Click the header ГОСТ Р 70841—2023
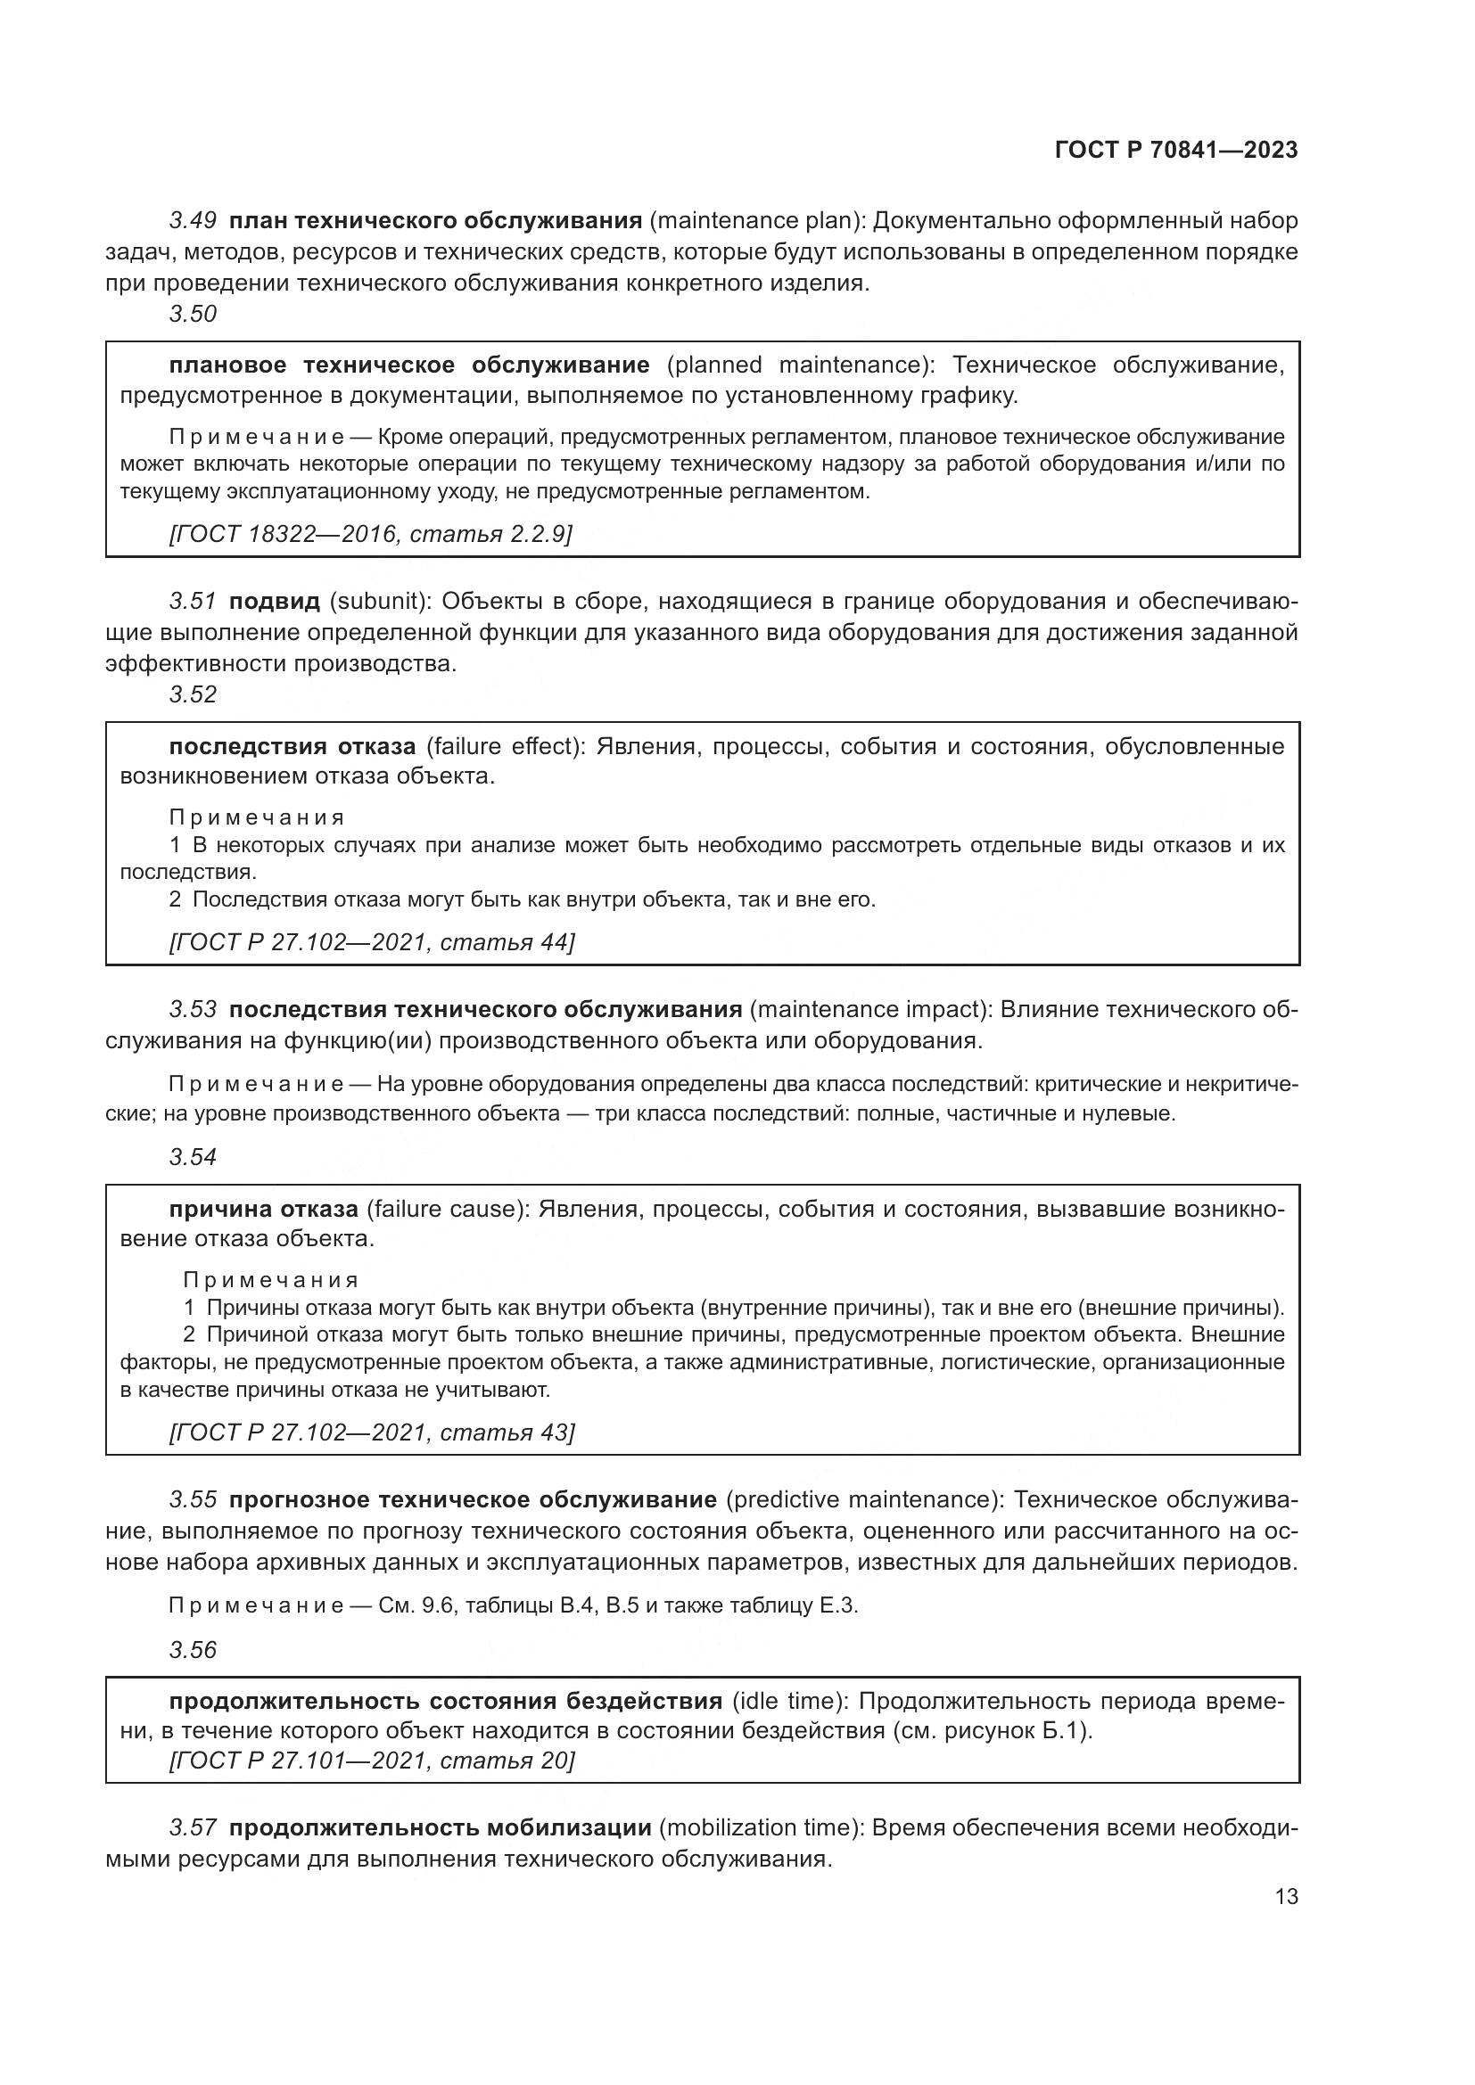pos(1175,150)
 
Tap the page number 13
pos(1286,1896)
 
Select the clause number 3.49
pos(193,221)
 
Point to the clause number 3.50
pos(193,314)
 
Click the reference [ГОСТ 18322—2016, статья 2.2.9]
pos(371,534)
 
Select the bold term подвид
pos(275,601)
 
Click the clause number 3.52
pos(193,694)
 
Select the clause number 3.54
pos(193,1158)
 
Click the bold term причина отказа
pos(263,1210)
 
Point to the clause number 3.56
pos(193,1650)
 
